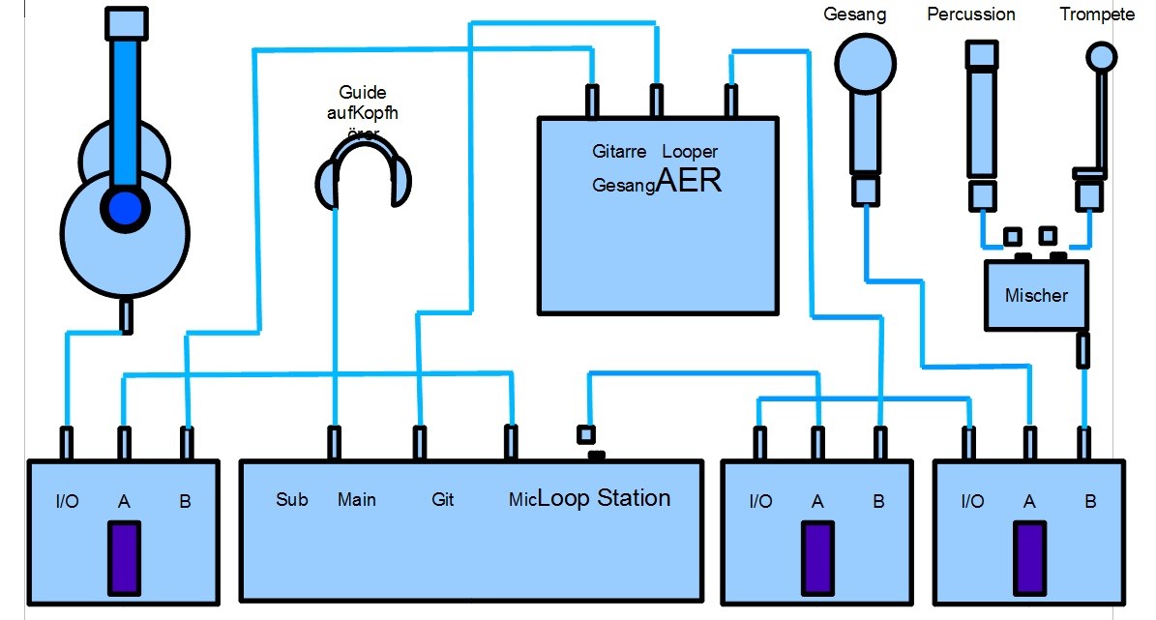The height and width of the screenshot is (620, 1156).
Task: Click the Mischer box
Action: pyautogui.click(x=1035, y=295)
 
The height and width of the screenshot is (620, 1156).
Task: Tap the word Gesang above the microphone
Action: pyautogui.click(x=855, y=15)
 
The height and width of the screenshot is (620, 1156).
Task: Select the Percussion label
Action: pyautogui.click(x=971, y=15)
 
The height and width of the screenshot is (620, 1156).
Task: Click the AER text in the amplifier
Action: pyautogui.click(x=689, y=180)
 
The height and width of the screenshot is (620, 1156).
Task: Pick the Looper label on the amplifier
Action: pyautogui.click(x=690, y=152)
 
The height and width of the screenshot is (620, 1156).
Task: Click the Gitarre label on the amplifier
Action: pyautogui.click(x=619, y=152)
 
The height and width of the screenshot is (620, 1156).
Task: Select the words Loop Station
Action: pyautogui.click(x=604, y=498)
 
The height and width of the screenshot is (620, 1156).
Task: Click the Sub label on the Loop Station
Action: pyautogui.click(x=291, y=500)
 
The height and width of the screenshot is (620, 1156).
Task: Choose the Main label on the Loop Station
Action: pyautogui.click(x=356, y=500)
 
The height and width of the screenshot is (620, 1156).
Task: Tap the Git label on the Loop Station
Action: pyautogui.click(x=442, y=500)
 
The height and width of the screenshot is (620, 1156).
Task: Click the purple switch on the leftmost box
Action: pyautogui.click(x=124, y=557)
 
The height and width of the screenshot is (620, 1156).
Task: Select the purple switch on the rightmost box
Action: pyautogui.click(x=1029, y=557)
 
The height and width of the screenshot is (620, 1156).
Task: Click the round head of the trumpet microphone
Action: pyautogui.click(x=1100, y=56)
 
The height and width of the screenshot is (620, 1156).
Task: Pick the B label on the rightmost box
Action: pyautogui.click(x=1090, y=502)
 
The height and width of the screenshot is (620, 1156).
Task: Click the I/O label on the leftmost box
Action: pyautogui.click(x=66, y=502)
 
